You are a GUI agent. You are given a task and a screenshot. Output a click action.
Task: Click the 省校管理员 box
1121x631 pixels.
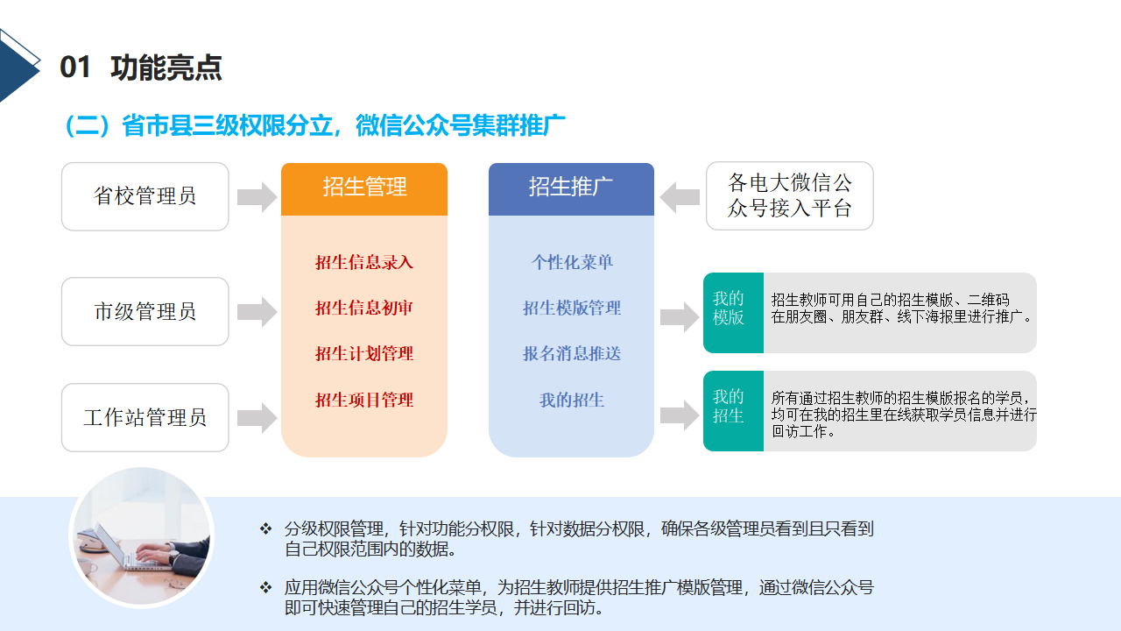[x=145, y=196]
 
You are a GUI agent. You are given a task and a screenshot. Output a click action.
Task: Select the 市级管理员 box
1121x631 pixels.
[x=145, y=311]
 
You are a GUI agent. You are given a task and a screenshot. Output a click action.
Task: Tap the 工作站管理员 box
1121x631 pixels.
[x=145, y=418]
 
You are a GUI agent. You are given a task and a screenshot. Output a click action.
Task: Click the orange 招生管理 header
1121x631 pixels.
[x=364, y=188]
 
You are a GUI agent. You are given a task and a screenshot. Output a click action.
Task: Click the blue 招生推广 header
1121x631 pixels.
[x=572, y=188]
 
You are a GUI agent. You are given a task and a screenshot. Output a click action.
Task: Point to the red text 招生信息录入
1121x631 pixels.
[x=364, y=262]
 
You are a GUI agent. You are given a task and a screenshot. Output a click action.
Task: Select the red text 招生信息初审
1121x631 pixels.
[x=364, y=308]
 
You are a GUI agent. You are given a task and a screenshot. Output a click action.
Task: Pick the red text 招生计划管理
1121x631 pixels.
[x=364, y=353]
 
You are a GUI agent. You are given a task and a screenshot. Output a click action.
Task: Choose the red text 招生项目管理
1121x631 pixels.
[x=364, y=400]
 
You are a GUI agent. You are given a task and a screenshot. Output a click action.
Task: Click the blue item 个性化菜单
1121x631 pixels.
[x=572, y=262]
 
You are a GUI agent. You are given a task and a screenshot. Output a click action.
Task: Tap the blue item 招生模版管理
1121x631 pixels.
[x=572, y=308]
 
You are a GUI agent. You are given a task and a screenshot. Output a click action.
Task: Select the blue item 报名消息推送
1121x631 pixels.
[x=572, y=353]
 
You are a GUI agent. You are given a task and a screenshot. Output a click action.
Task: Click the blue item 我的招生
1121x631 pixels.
[x=572, y=400]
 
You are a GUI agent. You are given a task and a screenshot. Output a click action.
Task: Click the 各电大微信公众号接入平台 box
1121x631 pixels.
[x=790, y=195]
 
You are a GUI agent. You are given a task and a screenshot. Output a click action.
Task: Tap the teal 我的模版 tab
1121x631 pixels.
[x=733, y=313]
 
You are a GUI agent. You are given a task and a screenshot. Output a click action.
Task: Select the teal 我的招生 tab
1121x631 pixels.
[x=733, y=411]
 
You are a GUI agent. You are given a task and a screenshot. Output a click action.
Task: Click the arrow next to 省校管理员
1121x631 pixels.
[x=257, y=197]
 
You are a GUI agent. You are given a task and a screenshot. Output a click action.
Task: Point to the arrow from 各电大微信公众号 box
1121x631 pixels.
[x=680, y=197]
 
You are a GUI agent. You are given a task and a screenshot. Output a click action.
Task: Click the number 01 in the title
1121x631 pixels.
[x=75, y=67]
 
